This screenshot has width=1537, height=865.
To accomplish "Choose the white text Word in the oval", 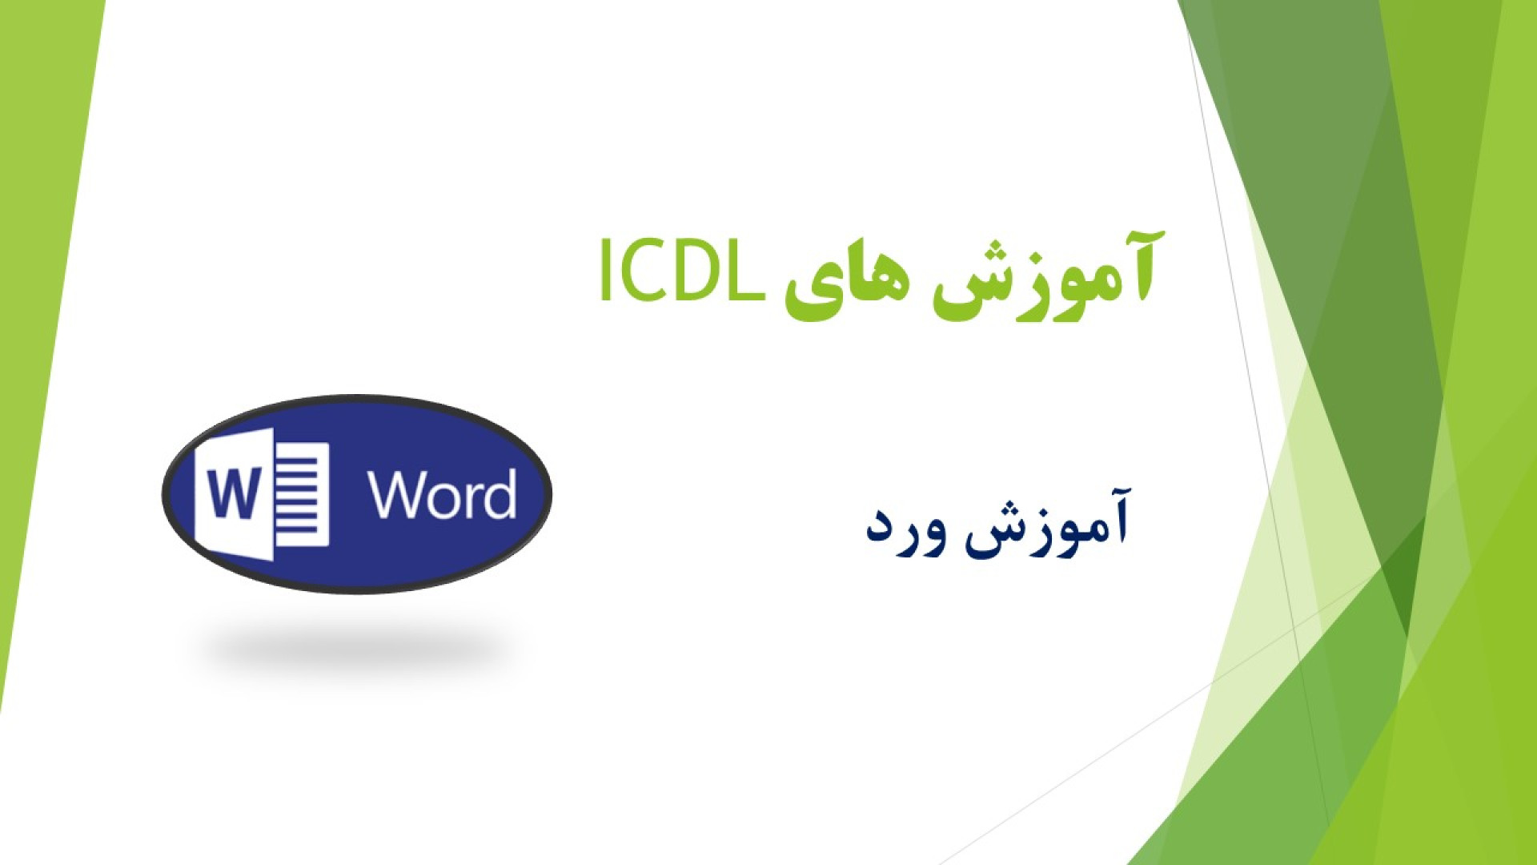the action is pos(442,495).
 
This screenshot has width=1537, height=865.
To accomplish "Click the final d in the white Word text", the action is pos(500,495).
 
